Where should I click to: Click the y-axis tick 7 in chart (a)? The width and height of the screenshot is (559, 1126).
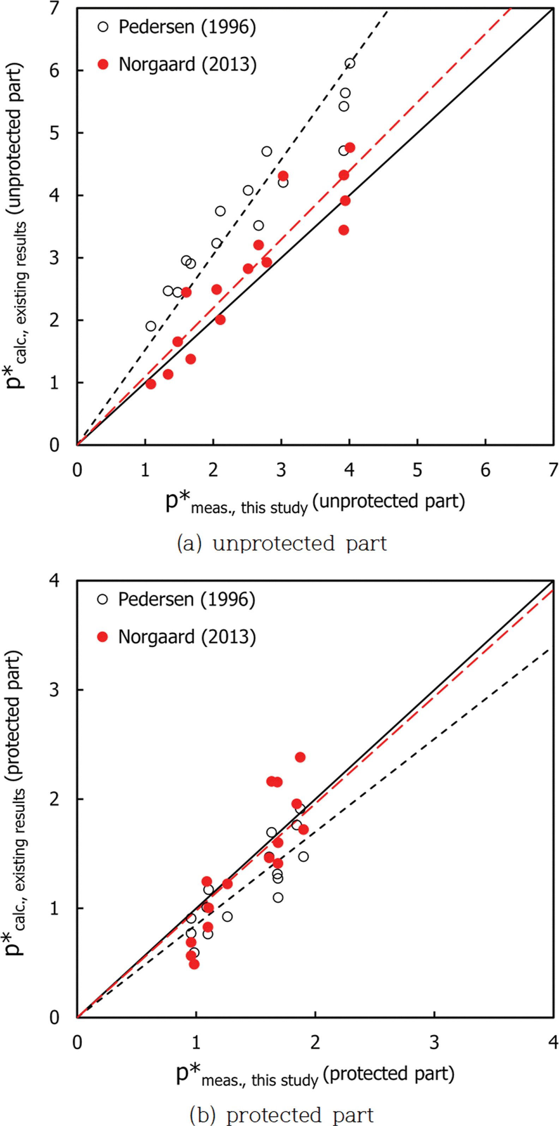(x=54, y=8)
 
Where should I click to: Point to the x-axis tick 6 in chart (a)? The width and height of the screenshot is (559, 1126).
(x=486, y=470)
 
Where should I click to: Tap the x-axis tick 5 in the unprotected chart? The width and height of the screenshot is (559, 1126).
(x=417, y=470)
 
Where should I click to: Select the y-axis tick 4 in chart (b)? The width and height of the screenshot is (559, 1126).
(x=54, y=581)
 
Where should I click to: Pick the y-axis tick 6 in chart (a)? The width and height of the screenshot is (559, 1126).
(x=54, y=71)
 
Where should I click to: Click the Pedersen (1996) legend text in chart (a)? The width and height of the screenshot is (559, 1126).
(x=187, y=27)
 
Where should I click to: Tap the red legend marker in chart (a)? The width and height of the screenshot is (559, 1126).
(x=103, y=65)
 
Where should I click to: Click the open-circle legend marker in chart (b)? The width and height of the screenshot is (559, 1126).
(x=102, y=599)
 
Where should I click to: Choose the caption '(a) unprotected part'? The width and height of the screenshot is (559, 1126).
(x=282, y=543)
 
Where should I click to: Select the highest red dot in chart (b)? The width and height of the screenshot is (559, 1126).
(x=300, y=757)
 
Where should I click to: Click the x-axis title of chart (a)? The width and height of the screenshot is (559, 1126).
(x=315, y=503)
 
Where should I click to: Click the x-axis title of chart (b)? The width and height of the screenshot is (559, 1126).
(x=315, y=1075)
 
